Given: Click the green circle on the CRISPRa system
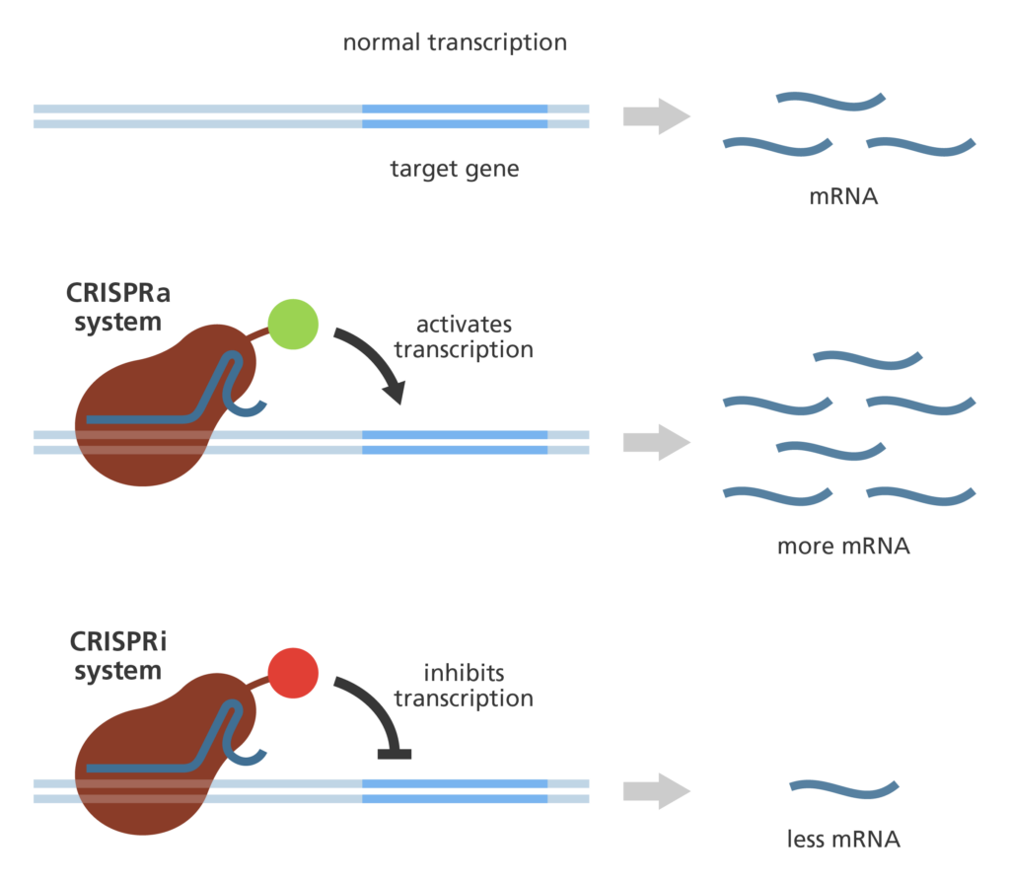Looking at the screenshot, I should pyautogui.click(x=293, y=323).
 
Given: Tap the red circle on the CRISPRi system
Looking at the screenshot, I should pyautogui.click(x=293, y=673).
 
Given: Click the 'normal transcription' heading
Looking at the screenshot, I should pyautogui.click(x=455, y=43).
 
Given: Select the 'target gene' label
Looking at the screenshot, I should pyautogui.click(x=455, y=169).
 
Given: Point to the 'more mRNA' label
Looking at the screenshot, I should pyautogui.click(x=843, y=546).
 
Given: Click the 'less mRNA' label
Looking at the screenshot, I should pyautogui.click(x=843, y=840).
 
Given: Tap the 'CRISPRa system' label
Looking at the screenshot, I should pyautogui.click(x=117, y=308).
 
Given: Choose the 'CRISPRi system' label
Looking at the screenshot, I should pyautogui.click(x=117, y=657).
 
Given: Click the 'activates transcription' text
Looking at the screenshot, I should pyautogui.click(x=464, y=337).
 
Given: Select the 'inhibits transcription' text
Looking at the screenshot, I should pyautogui.click(x=464, y=686).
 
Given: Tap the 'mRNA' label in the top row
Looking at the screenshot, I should pyautogui.click(x=843, y=195).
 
